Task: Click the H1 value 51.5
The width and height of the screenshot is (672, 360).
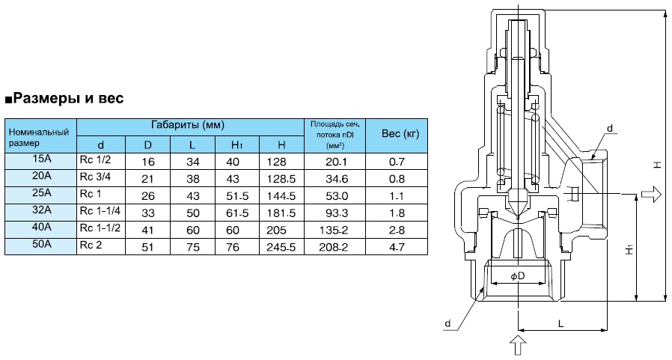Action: [x=237, y=195]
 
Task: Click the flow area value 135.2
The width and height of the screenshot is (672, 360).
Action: [x=334, y=229]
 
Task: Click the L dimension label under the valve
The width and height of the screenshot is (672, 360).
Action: [x=559, y=322]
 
